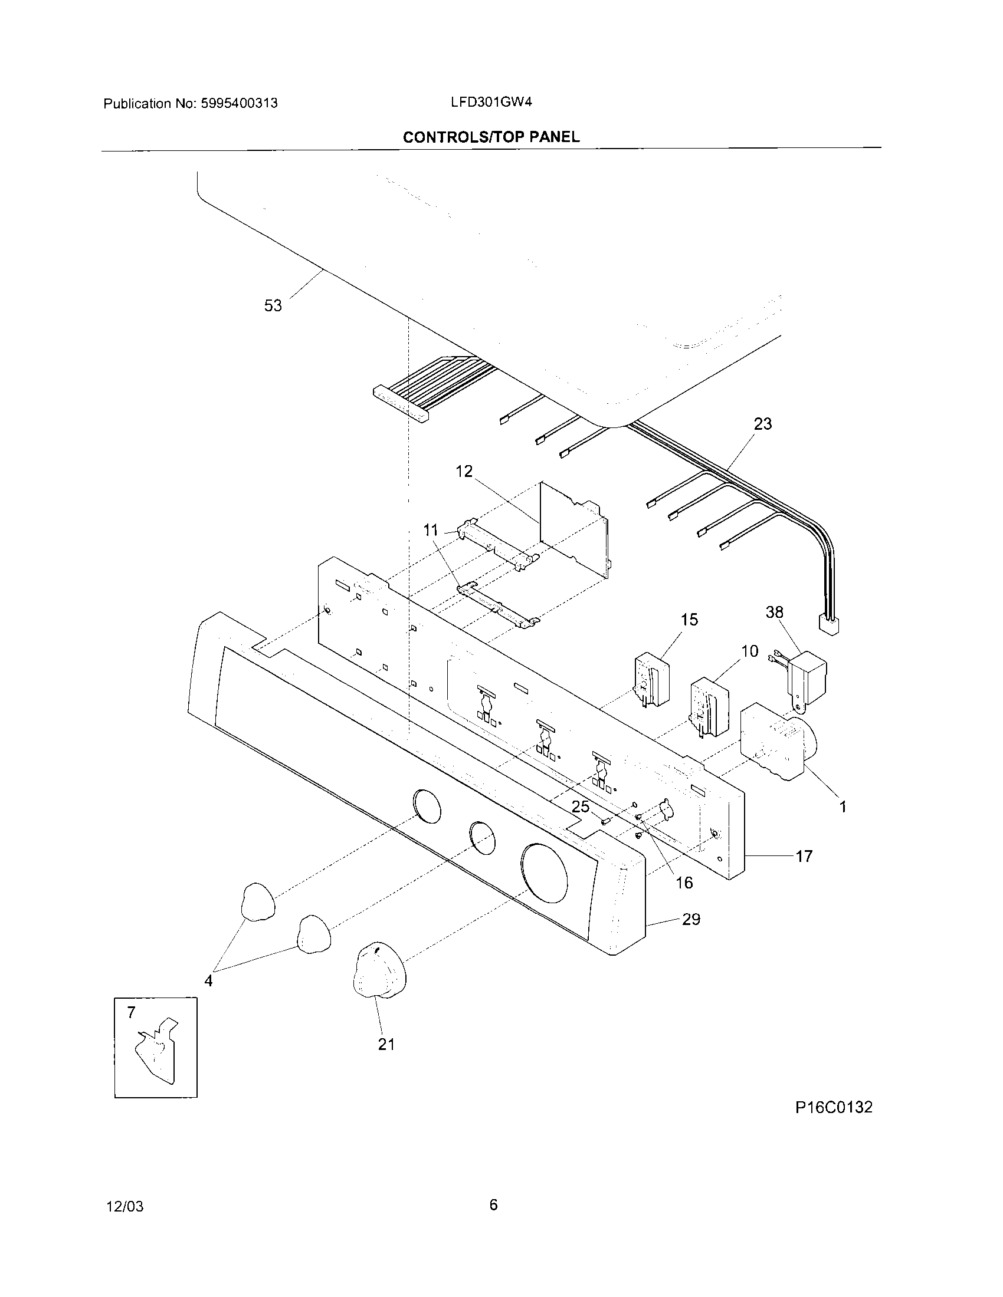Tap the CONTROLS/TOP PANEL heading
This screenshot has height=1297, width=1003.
491,137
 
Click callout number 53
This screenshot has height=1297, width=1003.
273,306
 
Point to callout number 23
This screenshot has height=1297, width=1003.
762,424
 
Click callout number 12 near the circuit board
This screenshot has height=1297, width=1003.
464,471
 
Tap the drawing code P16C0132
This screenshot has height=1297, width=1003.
834,1107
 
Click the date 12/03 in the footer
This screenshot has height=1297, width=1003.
124,1206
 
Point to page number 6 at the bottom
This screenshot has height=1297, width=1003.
493,1204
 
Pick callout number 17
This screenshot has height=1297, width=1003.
804,856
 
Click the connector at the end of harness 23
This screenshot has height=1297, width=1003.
829,626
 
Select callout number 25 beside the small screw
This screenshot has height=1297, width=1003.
580,806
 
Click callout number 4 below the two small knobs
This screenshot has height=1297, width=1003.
208,981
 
